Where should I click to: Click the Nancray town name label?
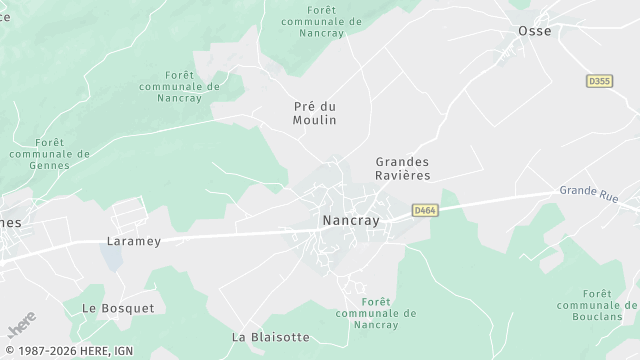pos(351,221)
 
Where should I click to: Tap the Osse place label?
pos(534,31)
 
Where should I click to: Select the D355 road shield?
pos(598,81)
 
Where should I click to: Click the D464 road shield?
pos(423,210)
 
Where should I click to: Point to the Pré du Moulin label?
pos(315,113)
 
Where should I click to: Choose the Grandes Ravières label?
pos(403,168)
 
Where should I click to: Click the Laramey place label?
pos(133,241)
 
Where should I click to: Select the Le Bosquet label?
pos(118,308)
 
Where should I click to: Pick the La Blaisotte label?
pos(270,337)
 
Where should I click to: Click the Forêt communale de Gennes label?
pos(48,154)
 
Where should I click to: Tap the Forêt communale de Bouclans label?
pos(597,304)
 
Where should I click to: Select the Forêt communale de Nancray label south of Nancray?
pos(368,313)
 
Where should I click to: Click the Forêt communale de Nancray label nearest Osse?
pos(322,20)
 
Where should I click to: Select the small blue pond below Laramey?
pos(111,261)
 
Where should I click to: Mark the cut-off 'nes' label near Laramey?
pos(11,222)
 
